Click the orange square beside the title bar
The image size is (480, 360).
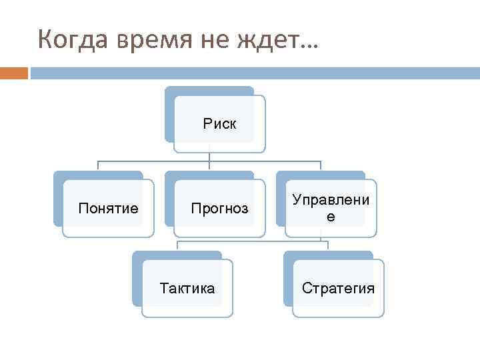tap(13, 73)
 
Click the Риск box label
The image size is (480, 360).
tap(220, 123)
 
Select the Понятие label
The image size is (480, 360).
tap(108, 209)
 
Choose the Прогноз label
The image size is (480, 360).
tap(219, 209)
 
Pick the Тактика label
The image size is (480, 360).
tap(187, 288)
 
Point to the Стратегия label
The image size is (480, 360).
tap(338, 288)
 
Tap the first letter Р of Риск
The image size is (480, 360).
tap(207, 123)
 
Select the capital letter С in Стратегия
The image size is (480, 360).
tap(306, 288)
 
